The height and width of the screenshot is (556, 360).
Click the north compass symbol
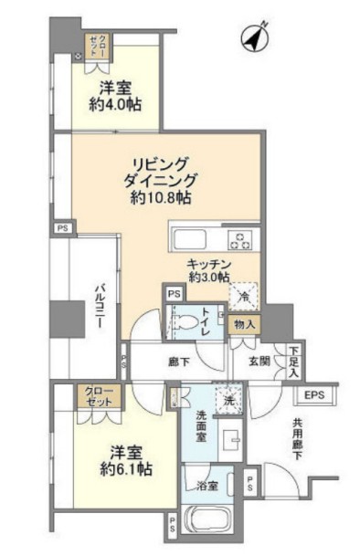(x=252, y=38)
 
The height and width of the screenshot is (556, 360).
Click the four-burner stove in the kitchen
(x=240, y=240)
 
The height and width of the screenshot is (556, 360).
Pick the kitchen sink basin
(x=190, y=240)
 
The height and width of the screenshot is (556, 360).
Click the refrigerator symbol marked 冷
(x=244, y=295)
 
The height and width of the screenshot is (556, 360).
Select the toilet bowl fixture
(x=187, y=322)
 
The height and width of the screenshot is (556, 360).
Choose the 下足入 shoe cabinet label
(x=294, y=362)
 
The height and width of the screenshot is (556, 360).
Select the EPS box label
(x=316, y=394)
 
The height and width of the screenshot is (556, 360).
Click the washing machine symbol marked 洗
(x=228, y=398)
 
